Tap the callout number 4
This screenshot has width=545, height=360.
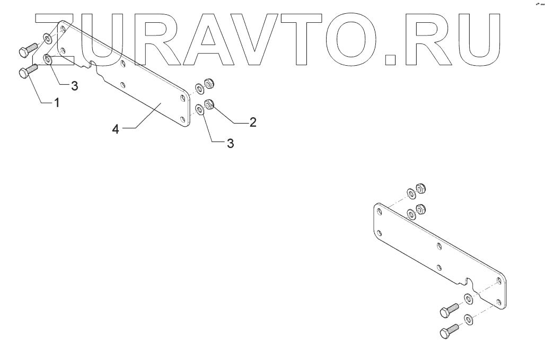116,129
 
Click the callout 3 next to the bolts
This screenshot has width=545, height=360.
74,86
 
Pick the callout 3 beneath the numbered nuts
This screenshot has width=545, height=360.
230,143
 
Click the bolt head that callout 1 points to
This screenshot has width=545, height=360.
24,74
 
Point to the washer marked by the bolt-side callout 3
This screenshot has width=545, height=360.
48,58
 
